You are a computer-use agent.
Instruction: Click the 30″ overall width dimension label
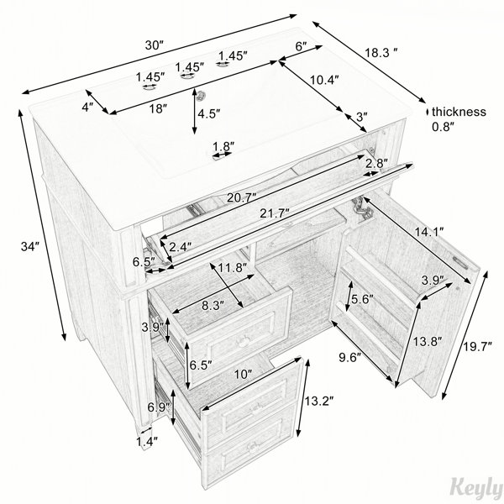click(x=155, y=45)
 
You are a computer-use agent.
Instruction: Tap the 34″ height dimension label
click(x=30, y=246)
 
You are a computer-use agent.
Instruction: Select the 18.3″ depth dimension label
click(x=381, y=52)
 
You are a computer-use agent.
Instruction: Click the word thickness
click(x=459, y=112)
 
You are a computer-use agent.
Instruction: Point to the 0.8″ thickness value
click(x=444, y=127)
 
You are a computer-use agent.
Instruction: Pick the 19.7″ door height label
click(x=478, y=347)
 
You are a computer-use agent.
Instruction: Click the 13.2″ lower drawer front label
click(x=319, y=401)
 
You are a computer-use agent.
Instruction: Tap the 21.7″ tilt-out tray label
click(x=275, y=213)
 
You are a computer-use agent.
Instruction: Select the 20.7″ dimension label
click(x=242, y=197)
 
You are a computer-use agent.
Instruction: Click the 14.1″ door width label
click(x=429, y=231)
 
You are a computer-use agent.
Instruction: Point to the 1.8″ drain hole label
click(x=223, y=146)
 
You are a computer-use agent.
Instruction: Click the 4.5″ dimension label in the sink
click(x=209, y=113)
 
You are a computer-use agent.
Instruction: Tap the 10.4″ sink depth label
click(x=324, y=79)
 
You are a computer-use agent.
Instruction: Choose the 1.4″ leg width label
click(x=147, y=442)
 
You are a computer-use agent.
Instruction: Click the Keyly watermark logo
click(x=477, y=489)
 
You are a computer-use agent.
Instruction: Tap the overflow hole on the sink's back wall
click(x=202, y=94)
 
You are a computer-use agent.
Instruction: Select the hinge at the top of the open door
click(x=362, y=207)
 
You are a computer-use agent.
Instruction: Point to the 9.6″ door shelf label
click(x=350, y=358)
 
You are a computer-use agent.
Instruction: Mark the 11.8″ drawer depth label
click(x=233, y=267)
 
